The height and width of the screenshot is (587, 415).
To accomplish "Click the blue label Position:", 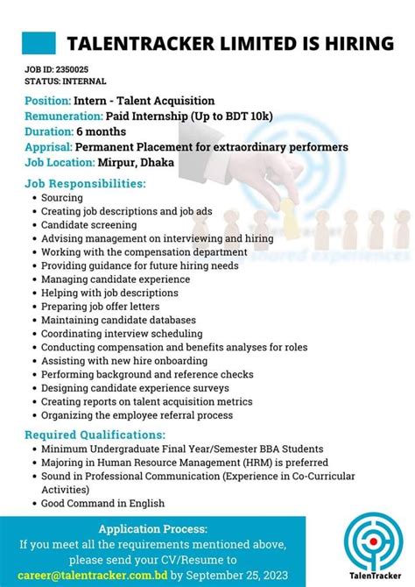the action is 47,101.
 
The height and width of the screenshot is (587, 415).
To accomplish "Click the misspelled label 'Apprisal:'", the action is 48,146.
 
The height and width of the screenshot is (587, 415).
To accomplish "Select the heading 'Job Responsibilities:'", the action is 85,184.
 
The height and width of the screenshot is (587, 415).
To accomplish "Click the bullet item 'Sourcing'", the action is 62,198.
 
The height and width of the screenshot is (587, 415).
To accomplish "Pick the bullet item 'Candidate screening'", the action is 89,225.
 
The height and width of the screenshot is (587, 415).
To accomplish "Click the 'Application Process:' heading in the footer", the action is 153,529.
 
